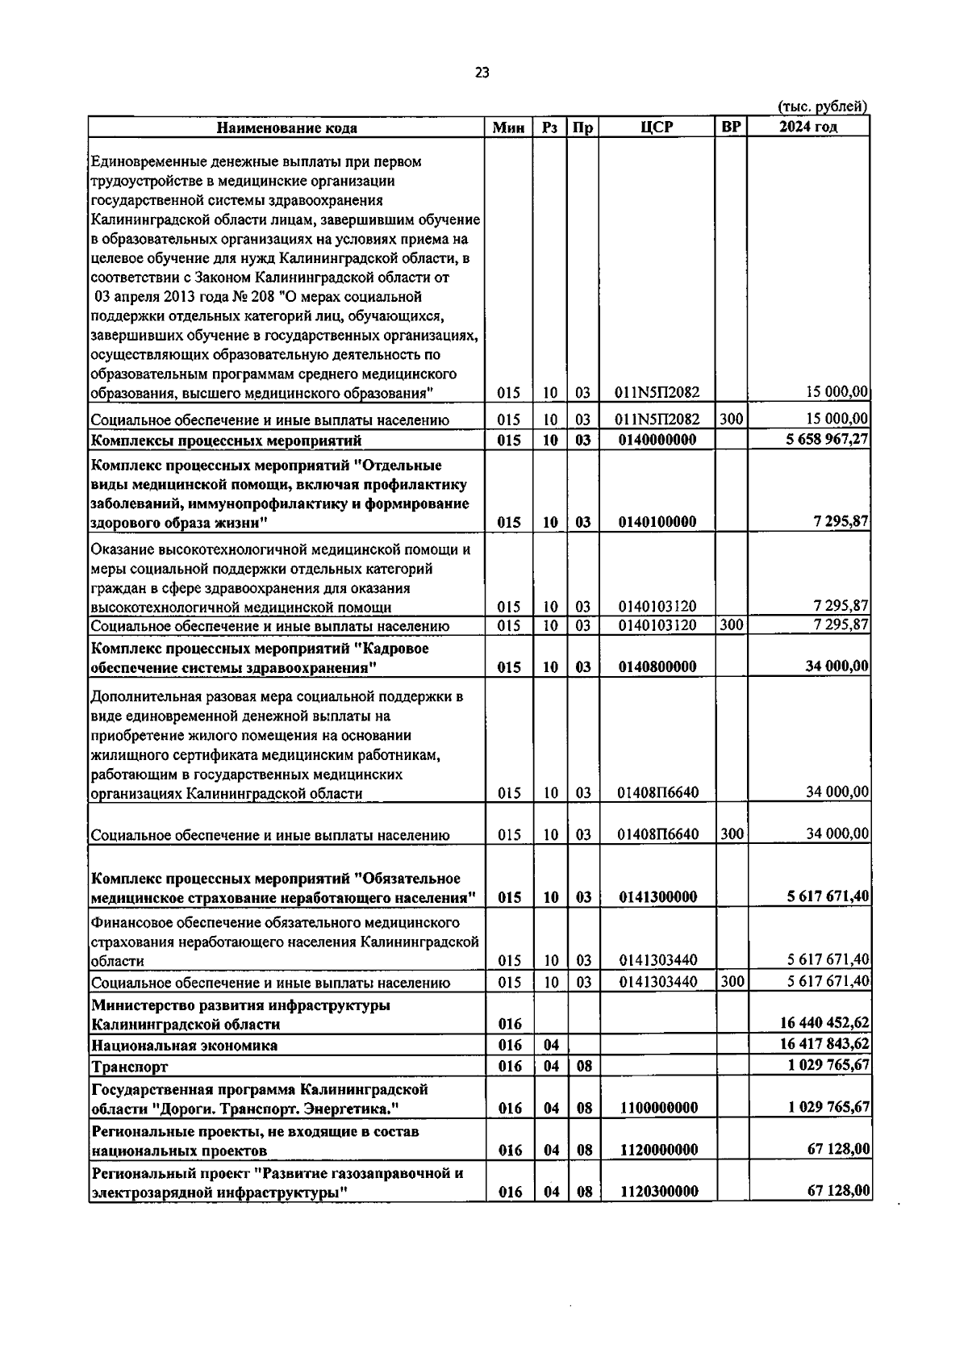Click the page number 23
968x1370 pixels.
482,73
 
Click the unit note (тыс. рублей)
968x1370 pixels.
822,107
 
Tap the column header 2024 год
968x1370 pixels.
808,127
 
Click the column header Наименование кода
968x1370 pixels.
286,127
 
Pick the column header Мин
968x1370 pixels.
508,127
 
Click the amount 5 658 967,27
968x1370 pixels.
822,440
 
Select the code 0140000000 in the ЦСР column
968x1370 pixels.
657,440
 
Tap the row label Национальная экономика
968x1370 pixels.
185,1045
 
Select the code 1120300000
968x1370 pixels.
658,1192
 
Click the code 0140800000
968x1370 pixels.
657,666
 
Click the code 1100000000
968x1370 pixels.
658,1108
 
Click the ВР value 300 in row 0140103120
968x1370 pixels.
731,624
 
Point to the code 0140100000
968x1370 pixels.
657,522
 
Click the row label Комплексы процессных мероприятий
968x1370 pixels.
227,440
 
